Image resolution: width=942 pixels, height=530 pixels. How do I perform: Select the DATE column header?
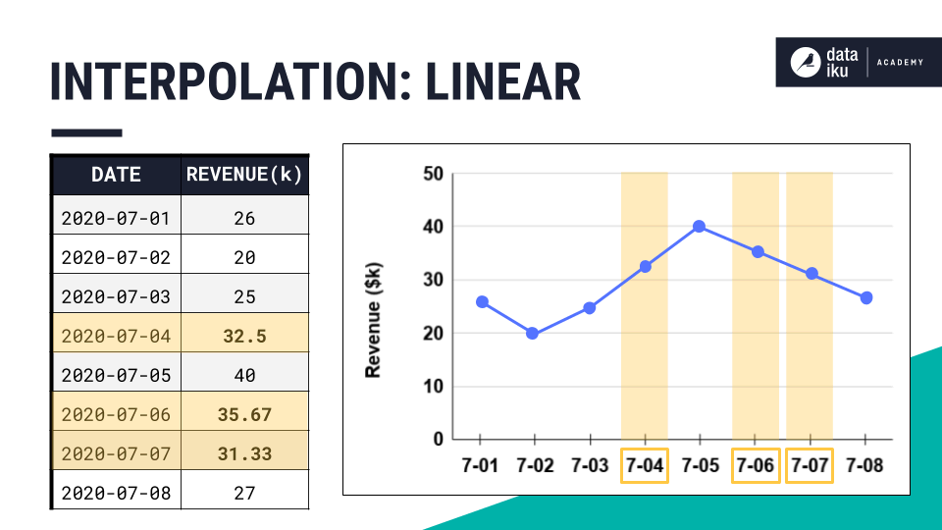[116, 175]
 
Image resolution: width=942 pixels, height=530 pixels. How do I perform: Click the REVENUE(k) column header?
[244, 175]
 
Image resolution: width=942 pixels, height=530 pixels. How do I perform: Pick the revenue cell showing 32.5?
[244, 336]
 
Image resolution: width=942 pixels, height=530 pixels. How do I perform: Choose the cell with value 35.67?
[244, 414]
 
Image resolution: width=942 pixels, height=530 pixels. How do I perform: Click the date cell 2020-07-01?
[116, 218]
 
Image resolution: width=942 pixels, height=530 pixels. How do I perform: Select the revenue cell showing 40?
[244, 375]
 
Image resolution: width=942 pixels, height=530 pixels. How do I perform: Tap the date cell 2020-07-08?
[116, 493]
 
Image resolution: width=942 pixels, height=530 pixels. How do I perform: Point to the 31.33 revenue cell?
[244, 454]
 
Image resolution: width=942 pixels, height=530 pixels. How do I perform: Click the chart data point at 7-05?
[700, 227]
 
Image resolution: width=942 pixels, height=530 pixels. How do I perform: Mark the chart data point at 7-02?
[533, 334]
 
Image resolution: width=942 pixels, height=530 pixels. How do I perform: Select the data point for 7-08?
[866, 297]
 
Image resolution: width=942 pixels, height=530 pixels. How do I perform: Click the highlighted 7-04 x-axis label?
[645, 465]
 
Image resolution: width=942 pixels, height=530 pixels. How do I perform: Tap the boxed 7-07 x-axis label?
[811, 465]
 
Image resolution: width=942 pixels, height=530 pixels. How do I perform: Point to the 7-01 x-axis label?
[480, 465]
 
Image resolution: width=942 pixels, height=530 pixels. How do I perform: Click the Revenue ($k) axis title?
[373, 318]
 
